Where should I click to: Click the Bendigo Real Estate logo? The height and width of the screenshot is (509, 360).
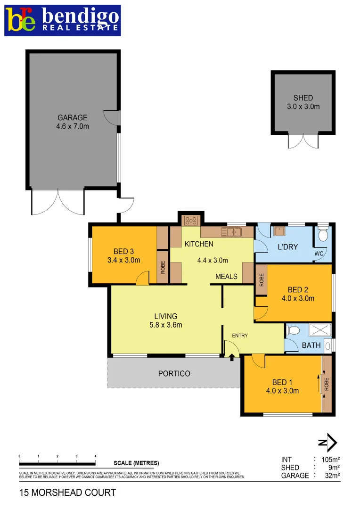(x=63, y=20)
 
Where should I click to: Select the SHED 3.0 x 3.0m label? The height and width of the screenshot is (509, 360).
(x=303, y=102)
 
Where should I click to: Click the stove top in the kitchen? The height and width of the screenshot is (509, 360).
(x=191, y=220)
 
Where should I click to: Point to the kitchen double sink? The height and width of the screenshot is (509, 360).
(x=231, y=231)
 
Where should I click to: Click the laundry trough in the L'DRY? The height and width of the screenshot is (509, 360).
(x=279, y=231)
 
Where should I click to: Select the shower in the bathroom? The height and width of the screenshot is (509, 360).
(x=320, y=330)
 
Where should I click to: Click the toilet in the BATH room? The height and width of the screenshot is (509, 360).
(x=292, y=330)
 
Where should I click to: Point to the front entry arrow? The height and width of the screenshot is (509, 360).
(x=232, y=357)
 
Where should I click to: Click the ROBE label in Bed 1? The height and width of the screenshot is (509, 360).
(x=326, y=384)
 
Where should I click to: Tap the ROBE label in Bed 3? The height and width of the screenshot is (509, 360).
(x=163, y=268)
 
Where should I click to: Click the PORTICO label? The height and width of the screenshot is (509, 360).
(x=174, y=374)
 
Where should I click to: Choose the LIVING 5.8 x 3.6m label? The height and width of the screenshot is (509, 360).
(x=165, y=320)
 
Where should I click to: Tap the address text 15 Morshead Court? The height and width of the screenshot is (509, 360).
(x=67, y=493)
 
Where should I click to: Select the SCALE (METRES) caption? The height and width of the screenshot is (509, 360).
(x=136, y=463)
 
